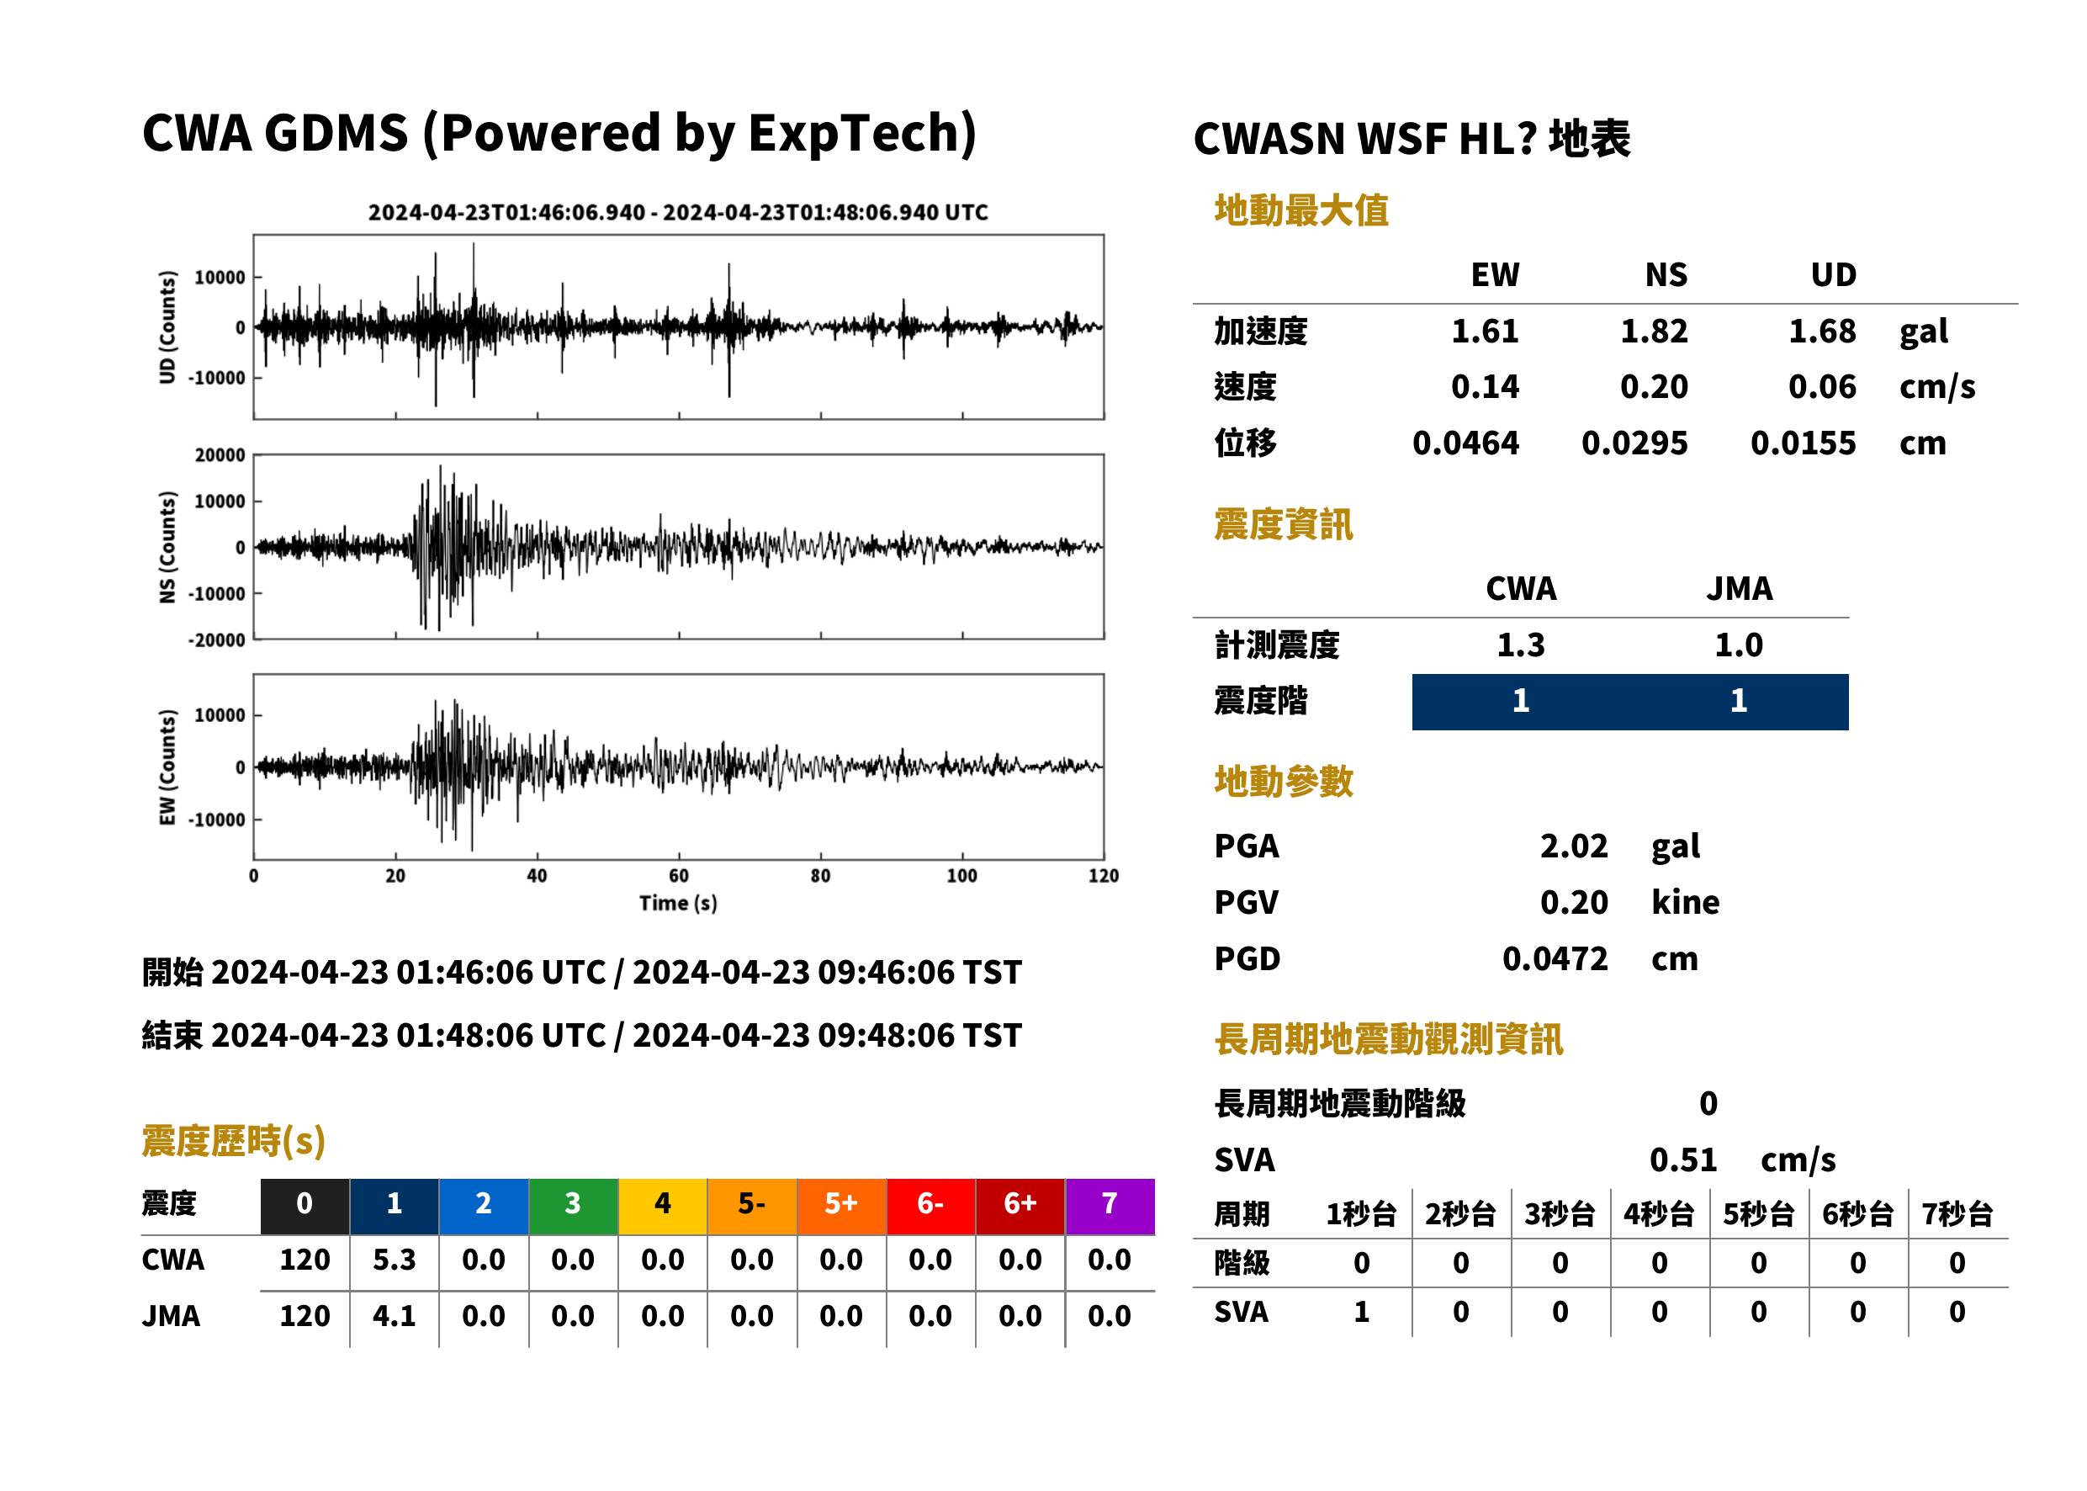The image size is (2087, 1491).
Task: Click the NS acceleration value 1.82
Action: pyautogui.click(x=1653, y=331)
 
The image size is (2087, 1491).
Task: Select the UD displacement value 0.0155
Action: pyautogui.click(x=1803, y=443)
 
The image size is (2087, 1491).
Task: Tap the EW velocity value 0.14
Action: pyautogui.click(x=1484, y=386)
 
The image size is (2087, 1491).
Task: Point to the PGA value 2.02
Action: pyautogui.click(x=1573, y=846)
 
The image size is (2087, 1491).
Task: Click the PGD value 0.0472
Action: pyautogui.click(x=1555, y=958)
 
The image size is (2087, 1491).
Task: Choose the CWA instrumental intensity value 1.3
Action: pyautogui.click(x=1521, y=645)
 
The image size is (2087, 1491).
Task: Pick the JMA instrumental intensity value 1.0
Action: pyautogui.click(x=1738, y=645)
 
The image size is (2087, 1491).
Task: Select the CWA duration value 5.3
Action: pyautogui.click(x=394, y=1260)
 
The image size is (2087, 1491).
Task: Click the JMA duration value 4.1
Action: pyautogui.click(x=394, y=1316)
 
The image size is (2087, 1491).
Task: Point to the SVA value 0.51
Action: pyautogui.click(x=1682, y=1159)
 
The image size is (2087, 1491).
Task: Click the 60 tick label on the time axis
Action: pyautogui.click(x=678, y=876)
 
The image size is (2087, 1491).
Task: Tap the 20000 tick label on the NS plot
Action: pyautogui.click(x=220, y=455)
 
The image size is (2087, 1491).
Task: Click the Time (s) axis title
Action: pyautogui.click(x=678, y=904)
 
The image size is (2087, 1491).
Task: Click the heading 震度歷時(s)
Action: pyautogui.click(x=234, y=1141)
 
